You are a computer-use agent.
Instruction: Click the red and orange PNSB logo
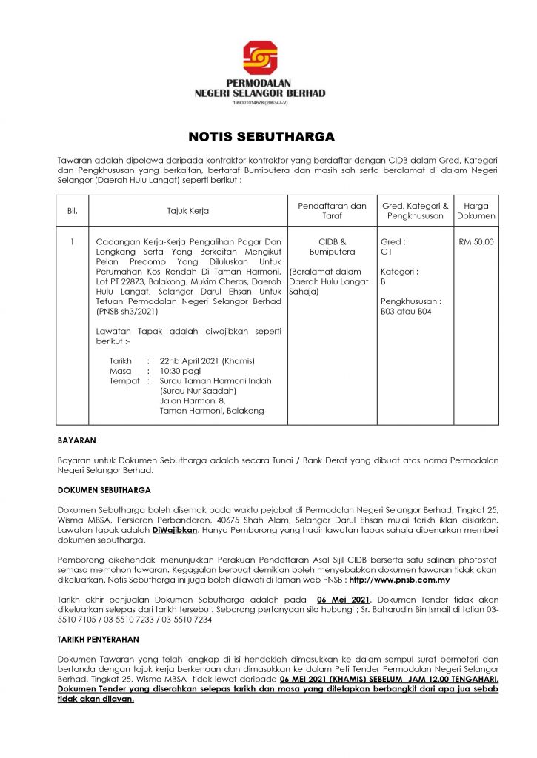pos(260,58)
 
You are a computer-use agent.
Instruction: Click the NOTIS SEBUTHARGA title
pos(261,137)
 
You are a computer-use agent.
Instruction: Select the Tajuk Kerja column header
pos(187,211)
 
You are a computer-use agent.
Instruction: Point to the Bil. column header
pos(72,211)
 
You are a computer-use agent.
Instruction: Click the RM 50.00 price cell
pos(476,241)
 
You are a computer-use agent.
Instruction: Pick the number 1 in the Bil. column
pos(72,241)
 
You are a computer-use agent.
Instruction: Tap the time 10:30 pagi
pos(182,371)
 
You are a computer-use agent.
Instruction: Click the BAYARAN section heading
pos(77,440)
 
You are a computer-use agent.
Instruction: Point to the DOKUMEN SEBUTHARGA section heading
pos(104,490)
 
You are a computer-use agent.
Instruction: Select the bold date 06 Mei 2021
pos(342,600)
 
